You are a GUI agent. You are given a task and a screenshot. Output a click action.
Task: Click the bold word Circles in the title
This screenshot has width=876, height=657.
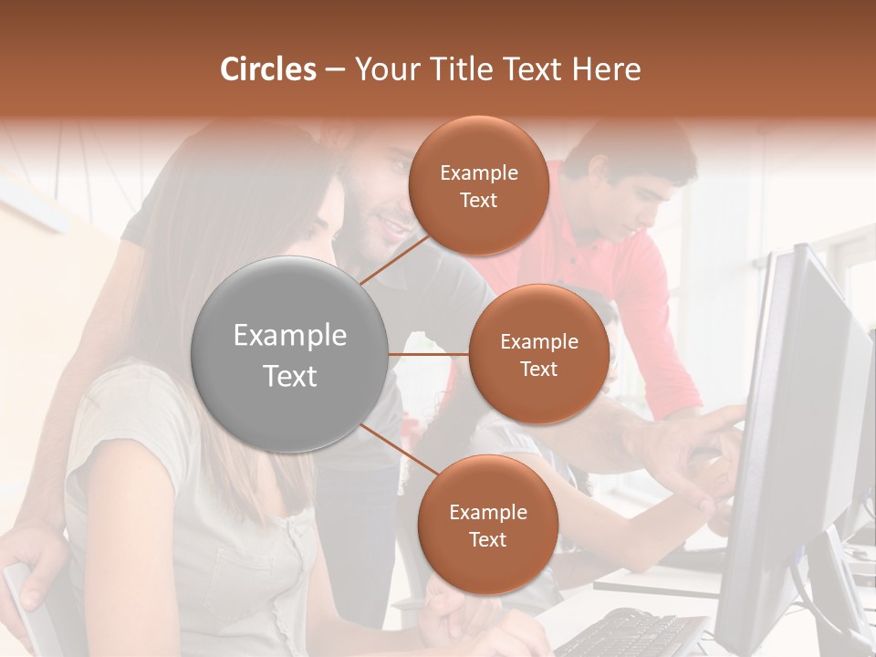click(x=268, y=69)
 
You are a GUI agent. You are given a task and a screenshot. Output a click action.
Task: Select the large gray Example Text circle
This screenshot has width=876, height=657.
click(x=290, y=355)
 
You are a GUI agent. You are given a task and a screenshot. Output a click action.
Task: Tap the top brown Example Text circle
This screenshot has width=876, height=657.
click(x=478, y=186)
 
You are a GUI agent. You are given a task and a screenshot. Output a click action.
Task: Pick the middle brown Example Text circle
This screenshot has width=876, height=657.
click(x=538, y=354)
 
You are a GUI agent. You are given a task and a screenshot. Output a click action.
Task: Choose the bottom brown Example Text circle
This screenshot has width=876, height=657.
click(x=487, y=525)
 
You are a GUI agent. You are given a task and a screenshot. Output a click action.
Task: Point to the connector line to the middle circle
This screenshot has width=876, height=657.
click(x=429, y=354)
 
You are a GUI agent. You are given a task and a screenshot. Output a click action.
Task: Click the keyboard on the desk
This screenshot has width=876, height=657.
click(x=630, y=634)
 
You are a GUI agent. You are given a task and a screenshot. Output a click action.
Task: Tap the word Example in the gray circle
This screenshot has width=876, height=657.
click(x=290, y=336)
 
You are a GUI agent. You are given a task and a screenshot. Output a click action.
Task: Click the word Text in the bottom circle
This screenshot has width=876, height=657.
click(x=487, y=539)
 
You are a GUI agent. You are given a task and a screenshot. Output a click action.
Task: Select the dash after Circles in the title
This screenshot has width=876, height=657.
click(x=335, y=69)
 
